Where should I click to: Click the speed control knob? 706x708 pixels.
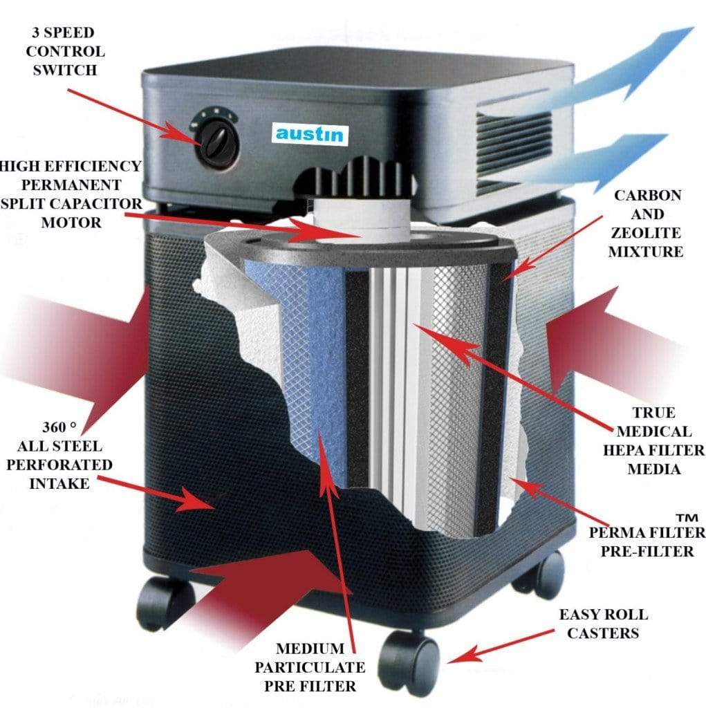216,142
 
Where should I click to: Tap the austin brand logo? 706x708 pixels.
308,133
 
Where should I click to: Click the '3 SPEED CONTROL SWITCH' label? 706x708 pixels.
67,51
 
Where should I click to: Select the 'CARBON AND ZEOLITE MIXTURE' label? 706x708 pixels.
645,223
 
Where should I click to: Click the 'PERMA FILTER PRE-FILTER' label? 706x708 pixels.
647,541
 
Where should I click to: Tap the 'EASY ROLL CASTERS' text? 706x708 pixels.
604,623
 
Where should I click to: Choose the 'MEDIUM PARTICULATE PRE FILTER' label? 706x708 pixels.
310,667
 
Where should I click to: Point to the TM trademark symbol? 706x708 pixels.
686,517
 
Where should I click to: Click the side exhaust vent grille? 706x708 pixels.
515,149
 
